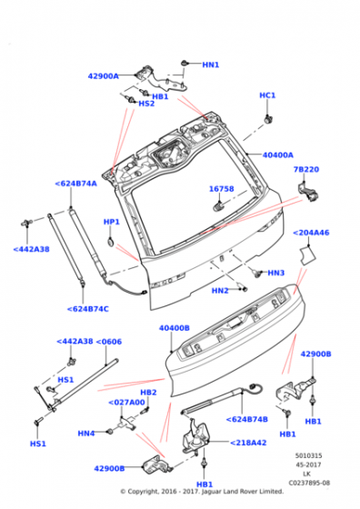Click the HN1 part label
(211, 65)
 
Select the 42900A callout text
(104, 76)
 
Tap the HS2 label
(146, 104)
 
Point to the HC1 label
(267, 95)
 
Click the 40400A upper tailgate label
(278, 155)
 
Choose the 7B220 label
(306, 169)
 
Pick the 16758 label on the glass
(222, 189)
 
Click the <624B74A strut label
(76, 184)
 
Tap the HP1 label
(111, 222)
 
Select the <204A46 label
(311, 233)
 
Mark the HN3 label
(276, 273)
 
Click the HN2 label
(220, 291)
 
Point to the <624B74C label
(87, 309)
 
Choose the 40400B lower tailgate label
(175, 328)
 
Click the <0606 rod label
(109, 342)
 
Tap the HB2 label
(148, 393)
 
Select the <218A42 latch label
(248, 443)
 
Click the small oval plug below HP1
(111, 241)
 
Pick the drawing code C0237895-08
(309, 483)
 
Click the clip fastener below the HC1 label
(268, 119)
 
